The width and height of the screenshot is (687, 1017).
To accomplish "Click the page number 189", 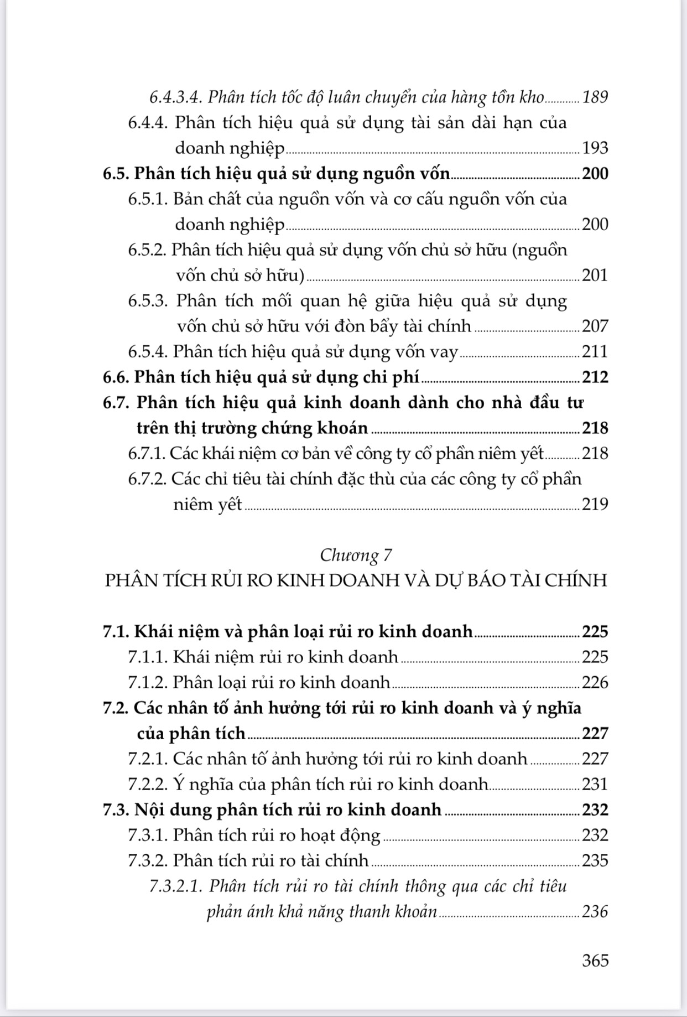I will (x=595, y=97).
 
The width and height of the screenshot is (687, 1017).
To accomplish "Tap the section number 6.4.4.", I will (x=148, y=123).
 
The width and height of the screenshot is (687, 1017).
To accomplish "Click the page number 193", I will (x=595, y=148).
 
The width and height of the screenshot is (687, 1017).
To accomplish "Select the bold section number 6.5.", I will (x=116, y=174).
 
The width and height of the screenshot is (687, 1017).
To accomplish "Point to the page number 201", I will (x=595, y=275).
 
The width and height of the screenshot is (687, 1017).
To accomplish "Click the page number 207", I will (x=595, y=326).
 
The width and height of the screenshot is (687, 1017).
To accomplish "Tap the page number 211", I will (x=595, y=351).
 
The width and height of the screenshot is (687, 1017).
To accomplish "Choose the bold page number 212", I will (x=595, y=377).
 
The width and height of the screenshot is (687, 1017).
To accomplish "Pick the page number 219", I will (x=595, y=504).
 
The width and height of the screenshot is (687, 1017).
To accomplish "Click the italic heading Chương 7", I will (x=356, y=555).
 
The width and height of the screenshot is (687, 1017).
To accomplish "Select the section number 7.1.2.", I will (x=148, y=682).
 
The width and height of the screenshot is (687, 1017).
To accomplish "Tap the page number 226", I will (x=595, y=682).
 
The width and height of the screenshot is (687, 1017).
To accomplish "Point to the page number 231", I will (x=595, y=784).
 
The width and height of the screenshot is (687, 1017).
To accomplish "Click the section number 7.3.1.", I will (x=148, y=835).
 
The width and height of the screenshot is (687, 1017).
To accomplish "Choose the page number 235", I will (x=595, y=860).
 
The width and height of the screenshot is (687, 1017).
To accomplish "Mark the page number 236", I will (x=595, y=911).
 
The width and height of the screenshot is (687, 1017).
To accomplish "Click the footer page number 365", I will (x=595, y=960).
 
